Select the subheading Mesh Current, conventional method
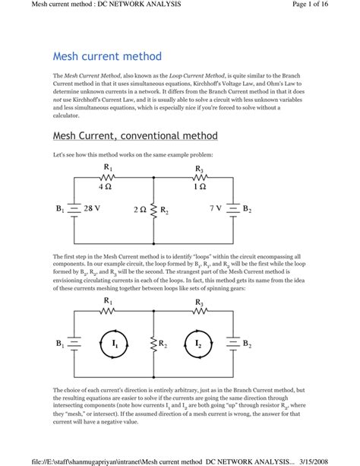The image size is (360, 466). coord(135,136)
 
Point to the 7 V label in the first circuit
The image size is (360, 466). coord(215,208)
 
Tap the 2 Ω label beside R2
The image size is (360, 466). coord(139,208)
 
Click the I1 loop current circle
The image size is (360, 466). coord(115,344)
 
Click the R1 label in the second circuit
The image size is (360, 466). coord(107,302)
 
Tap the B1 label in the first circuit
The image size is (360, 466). coord(60,208)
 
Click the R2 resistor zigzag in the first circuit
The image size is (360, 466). coord(153,208)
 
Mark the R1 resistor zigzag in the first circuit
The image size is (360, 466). coord(107,177)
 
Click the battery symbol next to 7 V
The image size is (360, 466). coord(232,208)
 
